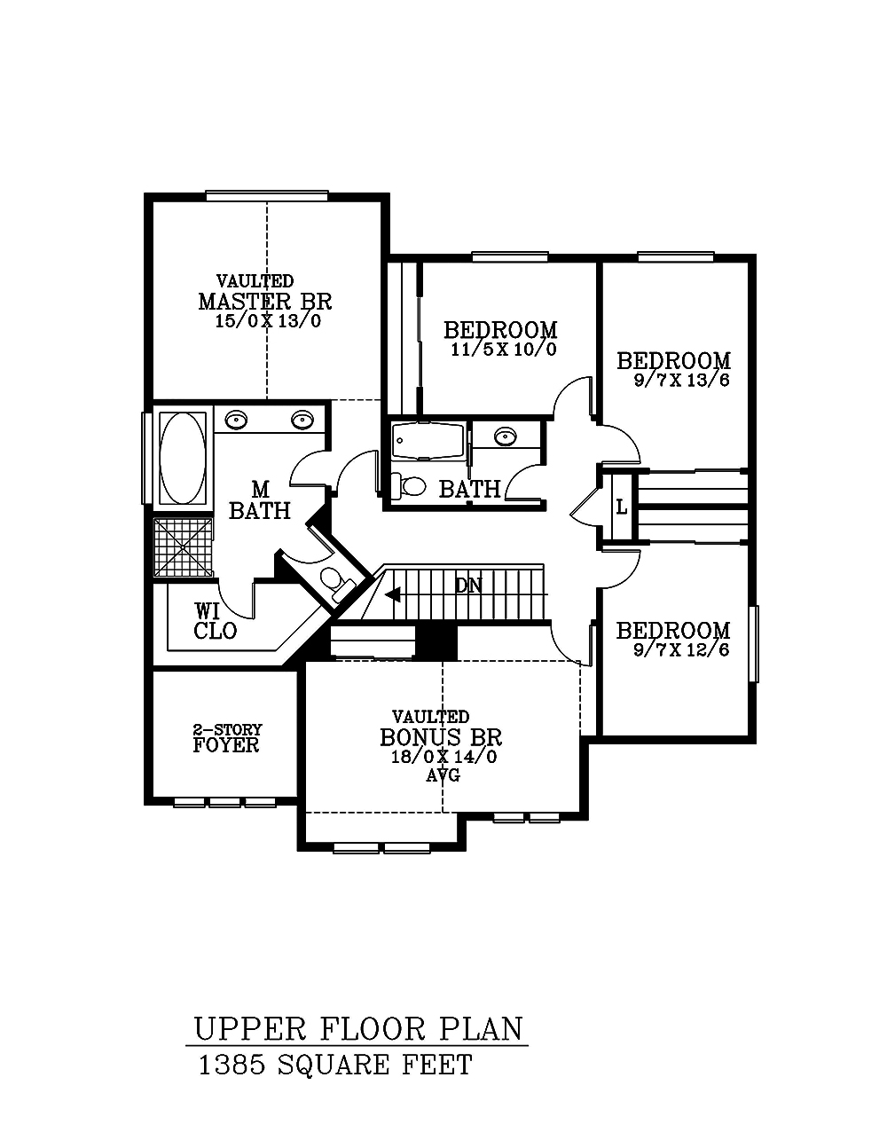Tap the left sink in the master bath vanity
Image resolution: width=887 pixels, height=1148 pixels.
[x=236, y=420]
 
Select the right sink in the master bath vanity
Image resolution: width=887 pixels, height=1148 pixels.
[x=303, y=420]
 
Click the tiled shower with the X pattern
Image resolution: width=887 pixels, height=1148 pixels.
[x=184, y=547]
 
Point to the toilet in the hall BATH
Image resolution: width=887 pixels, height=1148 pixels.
[x=411, y=485]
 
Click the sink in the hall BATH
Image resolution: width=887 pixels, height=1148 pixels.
[x=506, y=436]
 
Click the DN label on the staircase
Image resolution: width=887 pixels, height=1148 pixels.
[x=468, y=586]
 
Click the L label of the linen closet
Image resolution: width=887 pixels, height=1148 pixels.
[x=621, y=508]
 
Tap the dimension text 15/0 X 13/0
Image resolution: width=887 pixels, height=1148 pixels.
[x=267, y=321]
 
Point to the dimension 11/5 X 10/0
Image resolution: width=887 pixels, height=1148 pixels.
[x=503, y=349]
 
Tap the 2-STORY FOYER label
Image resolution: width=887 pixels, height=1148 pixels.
[x=226, y=738]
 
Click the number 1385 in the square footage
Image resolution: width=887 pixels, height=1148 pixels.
[x=233, y=1065]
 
